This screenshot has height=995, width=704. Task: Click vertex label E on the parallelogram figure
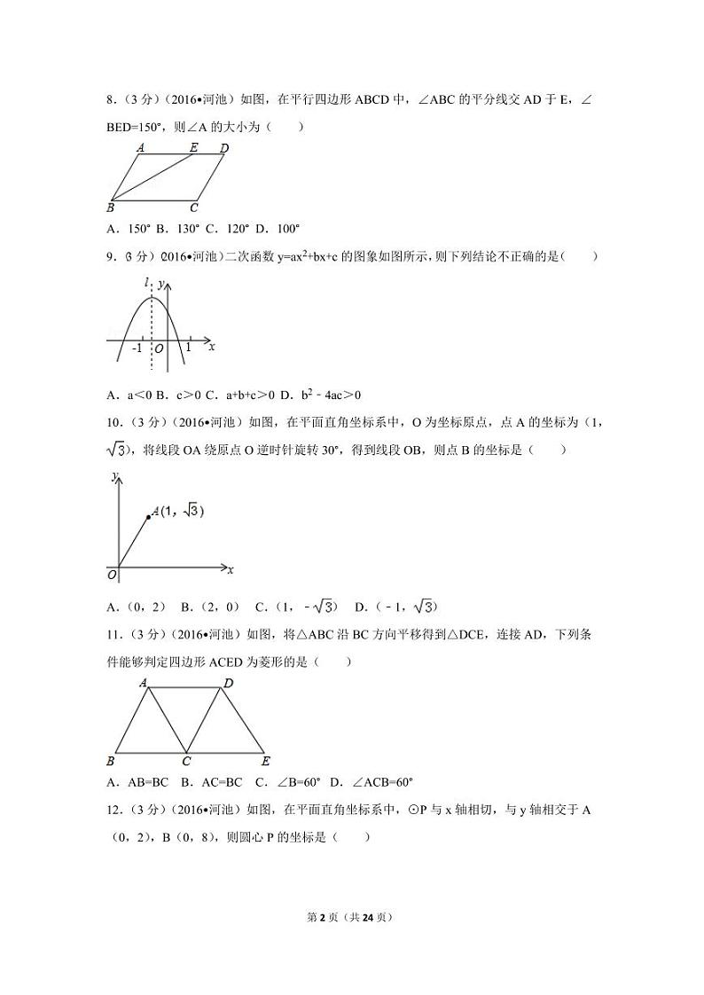click(x=194, y=148)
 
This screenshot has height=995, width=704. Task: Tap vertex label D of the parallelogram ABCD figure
click(x=224, y=148)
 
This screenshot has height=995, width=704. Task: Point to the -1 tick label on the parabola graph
click(x=137, y=348)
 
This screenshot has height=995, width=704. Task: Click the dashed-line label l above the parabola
click(x=147, y=282)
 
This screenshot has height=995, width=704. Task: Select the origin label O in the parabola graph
click(x=158, y=349)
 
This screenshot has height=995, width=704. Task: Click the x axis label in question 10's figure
click(x=231, y=568)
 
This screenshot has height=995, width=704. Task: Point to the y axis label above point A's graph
click(x=115, y=477)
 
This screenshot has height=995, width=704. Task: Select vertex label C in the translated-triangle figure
click(x=186, y=761)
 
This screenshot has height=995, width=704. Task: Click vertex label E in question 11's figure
click(x=266, y=761)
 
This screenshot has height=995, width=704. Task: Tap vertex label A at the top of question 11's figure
click(x=143, y=682)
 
